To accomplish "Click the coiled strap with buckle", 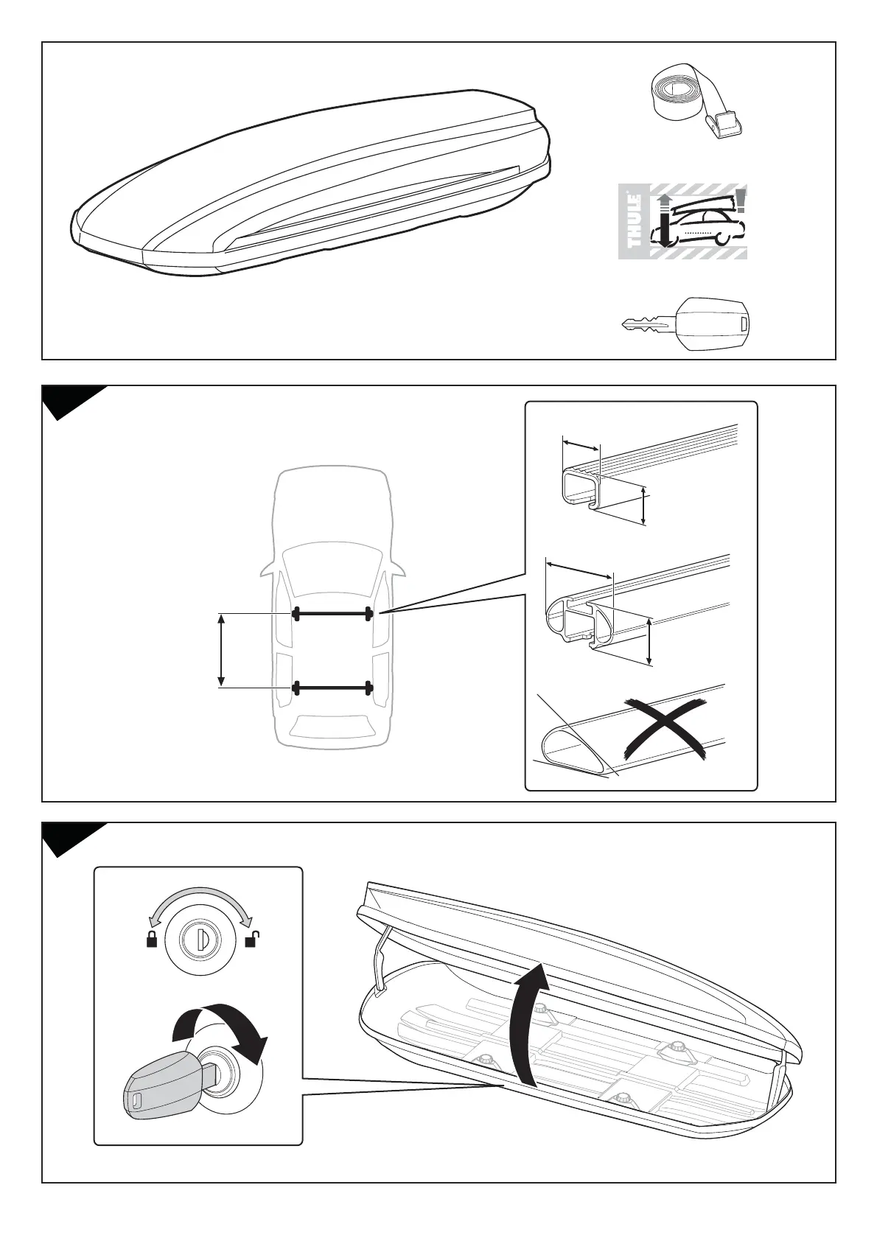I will point(697,108).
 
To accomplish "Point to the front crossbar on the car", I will point(332,613).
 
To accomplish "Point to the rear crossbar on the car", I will point(332,688).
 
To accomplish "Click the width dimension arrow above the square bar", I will point(581,446).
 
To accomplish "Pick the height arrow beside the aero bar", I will point(649,641).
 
